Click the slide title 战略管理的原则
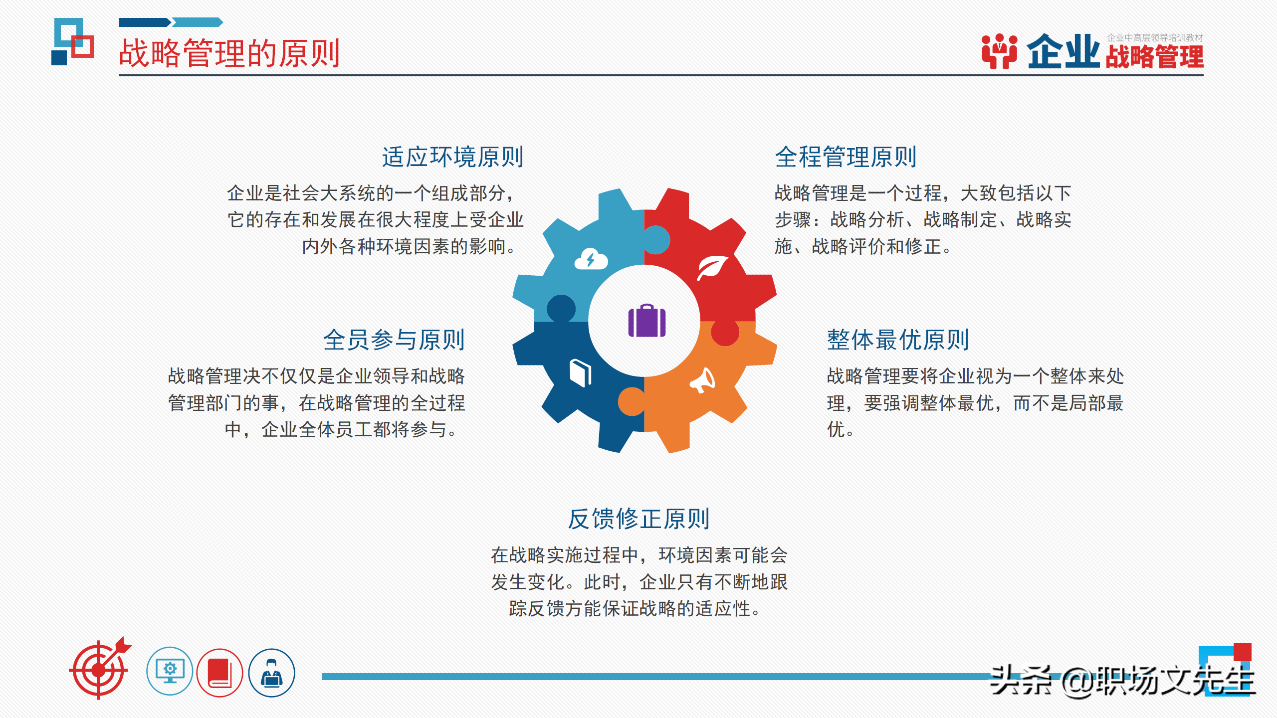(x=229, y=53)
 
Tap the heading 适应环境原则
(x=452, y=157)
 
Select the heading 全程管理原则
(x=846, y=157)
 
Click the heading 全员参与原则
(x=394, y=340)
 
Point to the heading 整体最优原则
(x=898, y=340)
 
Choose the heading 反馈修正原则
(x=638, y=519)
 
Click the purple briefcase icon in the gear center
(x=646, y=321)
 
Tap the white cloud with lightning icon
(x=591, y=260)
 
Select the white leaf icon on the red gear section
(x=712, y=267)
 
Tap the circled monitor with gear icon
(x=170, y=671)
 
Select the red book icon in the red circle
(x=219, y=673)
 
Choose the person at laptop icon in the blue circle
(x=271, y=673)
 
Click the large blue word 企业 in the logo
(x=1063, y=52)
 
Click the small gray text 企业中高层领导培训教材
(x=1155, y=38)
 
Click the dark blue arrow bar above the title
(x=145, y=22)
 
